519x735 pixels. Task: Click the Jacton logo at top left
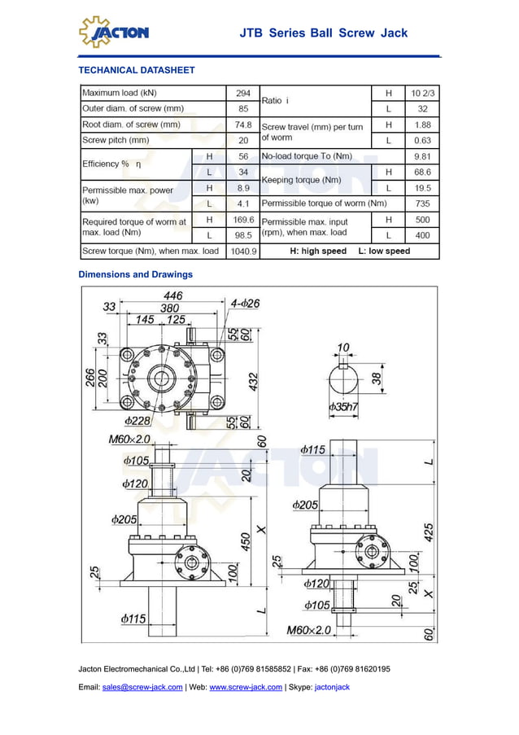coord(114,32)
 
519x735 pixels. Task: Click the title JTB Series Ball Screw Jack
coord(323,33)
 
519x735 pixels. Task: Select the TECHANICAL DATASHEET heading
coord(137,70)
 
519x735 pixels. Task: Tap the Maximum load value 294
coord(242,93)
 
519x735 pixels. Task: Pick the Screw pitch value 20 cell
coord(242,140)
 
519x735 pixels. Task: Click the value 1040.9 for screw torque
coord(242,252)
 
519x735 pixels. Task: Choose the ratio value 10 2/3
coord(422,93)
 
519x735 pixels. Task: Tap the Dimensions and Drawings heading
coord(135,274)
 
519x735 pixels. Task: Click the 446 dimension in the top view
coord(172,295)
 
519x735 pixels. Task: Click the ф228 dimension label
coord(137,421)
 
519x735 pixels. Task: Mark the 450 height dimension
coord(244,541)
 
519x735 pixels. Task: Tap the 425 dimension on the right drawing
coord(429,533)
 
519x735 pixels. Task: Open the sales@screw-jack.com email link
coord(142,687)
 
